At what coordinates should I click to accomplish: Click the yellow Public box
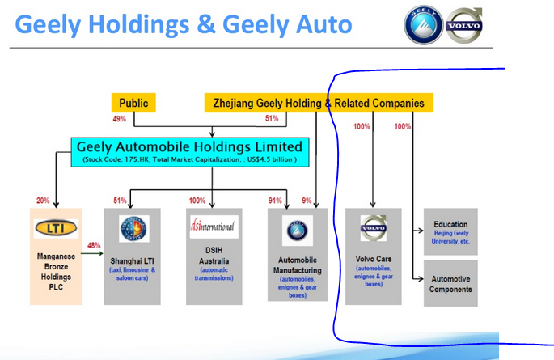pyautogui.click(x=133, y=103)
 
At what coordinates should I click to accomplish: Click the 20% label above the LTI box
pyautogui.click(x=44, y=201)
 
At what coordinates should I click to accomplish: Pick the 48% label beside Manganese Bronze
pyautogui.click(x=93, y=245)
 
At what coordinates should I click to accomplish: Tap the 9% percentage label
pyautogui.click(x=307, y=201)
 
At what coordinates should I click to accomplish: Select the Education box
pyautogui.click(x=450, y=230)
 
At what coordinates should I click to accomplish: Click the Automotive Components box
pyautogui.click(x=450, y=283)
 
